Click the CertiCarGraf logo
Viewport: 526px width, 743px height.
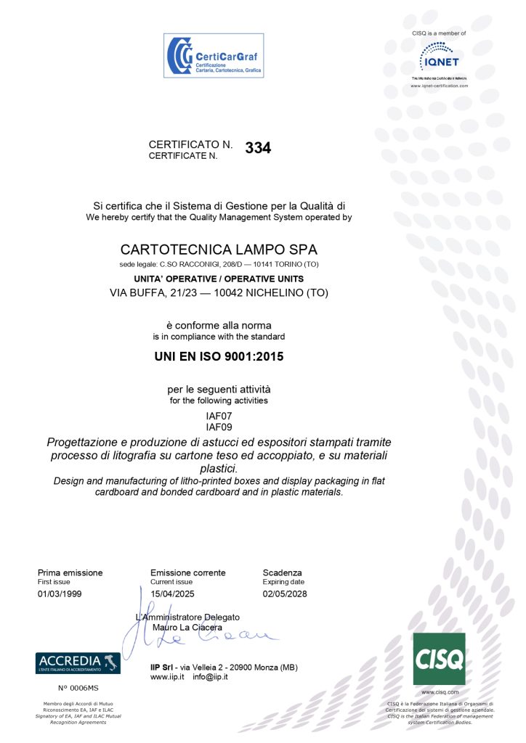tap(213, 55)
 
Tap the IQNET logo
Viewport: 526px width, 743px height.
tap(439, 57)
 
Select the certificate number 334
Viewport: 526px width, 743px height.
tap(258, 148)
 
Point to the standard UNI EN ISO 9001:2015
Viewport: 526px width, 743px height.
tap(219, 357)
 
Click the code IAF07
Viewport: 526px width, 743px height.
tap(219, 416)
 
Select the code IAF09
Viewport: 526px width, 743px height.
tap(219, 427)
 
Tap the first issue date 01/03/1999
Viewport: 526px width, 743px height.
tap(60, 594)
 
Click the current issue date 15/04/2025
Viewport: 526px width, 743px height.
tap(172, 594)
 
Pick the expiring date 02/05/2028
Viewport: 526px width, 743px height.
tap(285, 594)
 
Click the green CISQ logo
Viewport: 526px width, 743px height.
tap(439, 658)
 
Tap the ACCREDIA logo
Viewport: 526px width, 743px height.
tap(78, 662)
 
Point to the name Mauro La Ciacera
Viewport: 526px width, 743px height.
tap(187, 627)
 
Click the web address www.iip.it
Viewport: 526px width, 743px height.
tap(167, 676)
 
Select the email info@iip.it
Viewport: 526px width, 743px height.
tap(211, 676)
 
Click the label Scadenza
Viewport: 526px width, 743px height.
tap(282, 572)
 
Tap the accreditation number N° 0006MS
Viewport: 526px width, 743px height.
tap(78, 686)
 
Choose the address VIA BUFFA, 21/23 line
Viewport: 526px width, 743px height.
tap(219, 293)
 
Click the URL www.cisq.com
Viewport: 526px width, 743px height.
tap(439, 692)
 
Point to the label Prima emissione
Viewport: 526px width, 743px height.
tap(70, 572)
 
